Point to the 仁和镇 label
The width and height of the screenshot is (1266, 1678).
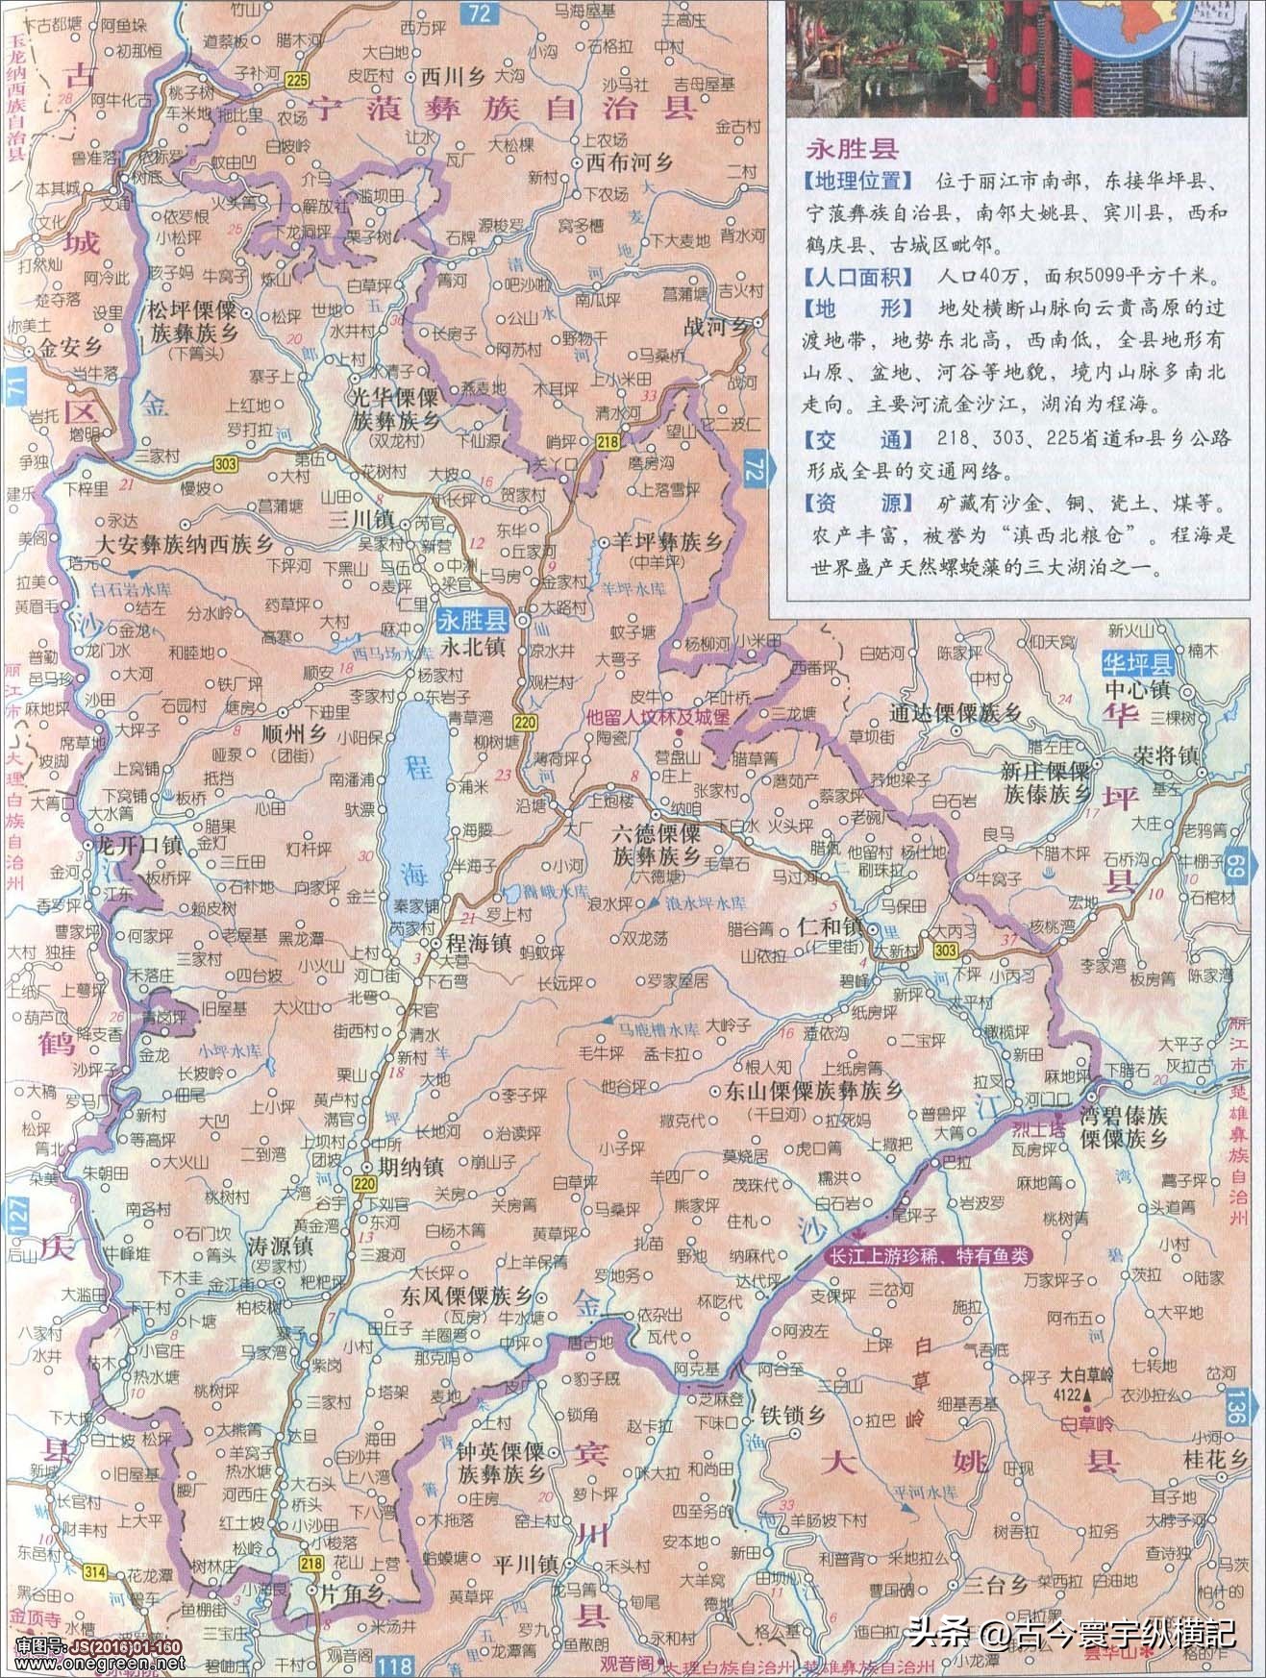point(832,927)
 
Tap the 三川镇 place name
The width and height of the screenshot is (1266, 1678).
point(360,519)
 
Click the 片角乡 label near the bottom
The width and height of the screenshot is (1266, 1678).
point(352,1592)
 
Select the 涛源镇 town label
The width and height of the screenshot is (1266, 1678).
point(280,1246)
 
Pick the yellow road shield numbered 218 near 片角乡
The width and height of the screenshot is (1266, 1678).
point(310,1564)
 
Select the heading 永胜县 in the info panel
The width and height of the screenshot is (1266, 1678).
point(852,148)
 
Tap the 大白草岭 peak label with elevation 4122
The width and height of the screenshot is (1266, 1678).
point(1086,1374)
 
